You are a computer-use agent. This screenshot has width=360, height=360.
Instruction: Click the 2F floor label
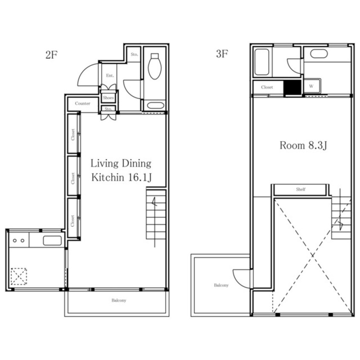[51, 55]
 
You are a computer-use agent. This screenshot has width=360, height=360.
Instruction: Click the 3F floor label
[222, 54]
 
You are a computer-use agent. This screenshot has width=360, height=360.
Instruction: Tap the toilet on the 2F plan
[155, 66]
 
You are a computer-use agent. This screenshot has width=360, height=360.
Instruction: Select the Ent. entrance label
[110, 75]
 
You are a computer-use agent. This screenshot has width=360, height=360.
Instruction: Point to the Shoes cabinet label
[108, 97]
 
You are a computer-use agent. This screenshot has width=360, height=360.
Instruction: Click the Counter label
[83, 103]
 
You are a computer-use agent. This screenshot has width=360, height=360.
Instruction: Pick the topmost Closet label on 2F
[73, 134]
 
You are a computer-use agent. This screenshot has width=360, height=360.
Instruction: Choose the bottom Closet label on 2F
[73, 221]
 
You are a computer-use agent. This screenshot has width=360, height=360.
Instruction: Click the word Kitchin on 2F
[108, 177]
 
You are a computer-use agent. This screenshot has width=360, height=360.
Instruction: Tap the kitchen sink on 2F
[52, 240]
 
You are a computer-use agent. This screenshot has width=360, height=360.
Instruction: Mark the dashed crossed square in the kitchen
[19, 277]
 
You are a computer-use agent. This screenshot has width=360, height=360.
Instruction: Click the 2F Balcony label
[119, 300]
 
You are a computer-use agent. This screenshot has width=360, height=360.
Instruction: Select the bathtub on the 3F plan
[262, 62]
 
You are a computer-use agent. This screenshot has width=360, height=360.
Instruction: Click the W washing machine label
[311, 86]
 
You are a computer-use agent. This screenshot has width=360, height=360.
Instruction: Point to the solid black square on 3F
[292, 87]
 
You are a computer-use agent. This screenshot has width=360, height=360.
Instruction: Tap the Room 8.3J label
[303, 146]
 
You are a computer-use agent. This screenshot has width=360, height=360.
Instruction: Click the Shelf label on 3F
[300, 189]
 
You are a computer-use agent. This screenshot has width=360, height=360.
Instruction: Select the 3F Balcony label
[221, 285]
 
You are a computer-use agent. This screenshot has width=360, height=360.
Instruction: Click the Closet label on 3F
[267, 87]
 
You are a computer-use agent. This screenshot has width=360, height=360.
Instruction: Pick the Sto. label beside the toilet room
[134, 54]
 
